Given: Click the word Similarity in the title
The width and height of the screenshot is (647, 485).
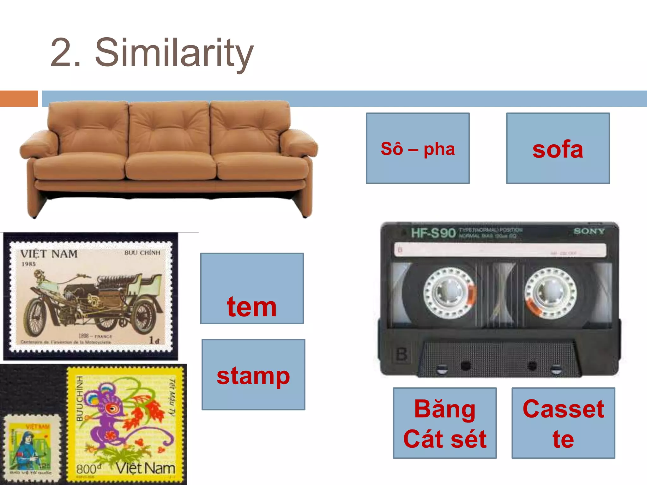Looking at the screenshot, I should coord(174,53).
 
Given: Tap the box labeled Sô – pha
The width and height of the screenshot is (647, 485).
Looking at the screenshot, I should coord(418,149).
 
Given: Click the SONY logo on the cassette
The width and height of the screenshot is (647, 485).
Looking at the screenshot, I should coord(589,231).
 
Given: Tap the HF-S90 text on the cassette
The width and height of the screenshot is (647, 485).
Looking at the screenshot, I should coord(433,233).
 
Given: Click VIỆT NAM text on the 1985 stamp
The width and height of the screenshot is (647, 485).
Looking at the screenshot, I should coord(49,254).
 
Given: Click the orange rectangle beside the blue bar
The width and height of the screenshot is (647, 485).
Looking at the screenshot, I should coord(19,99).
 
